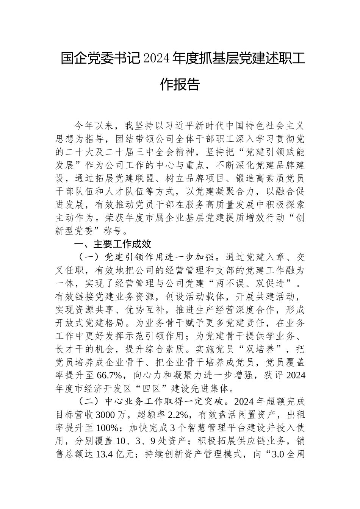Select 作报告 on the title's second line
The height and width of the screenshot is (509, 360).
[180, 84]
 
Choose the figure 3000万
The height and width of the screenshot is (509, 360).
[113, 415]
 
